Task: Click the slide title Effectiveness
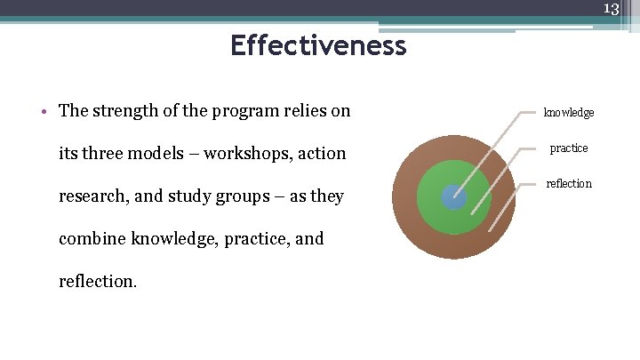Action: [318, 44]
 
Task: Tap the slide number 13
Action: [611, 9]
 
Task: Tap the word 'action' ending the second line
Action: [323, 153]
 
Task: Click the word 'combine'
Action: [92, 238]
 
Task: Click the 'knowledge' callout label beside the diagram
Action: [569, 113]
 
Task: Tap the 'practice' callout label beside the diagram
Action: [568, 148]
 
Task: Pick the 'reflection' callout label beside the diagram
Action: [568, 183]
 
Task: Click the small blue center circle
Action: [453, 197]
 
